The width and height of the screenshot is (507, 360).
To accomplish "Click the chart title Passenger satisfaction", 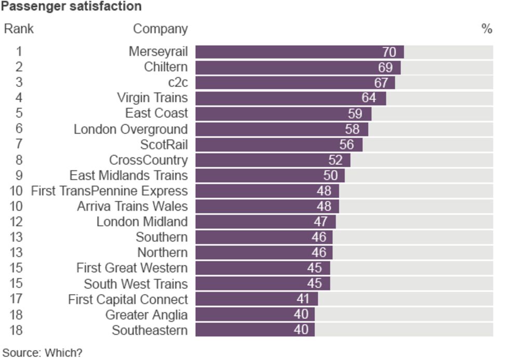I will pos(71,7).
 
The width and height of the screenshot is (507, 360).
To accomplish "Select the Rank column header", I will pos(19,29).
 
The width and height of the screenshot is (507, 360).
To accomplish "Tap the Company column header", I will pos(160,29).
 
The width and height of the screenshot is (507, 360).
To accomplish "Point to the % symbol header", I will pos(487,29).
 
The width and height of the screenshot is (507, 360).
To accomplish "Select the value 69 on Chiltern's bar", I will pos(385,68).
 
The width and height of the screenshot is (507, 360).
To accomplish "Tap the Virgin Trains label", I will pos(152,98).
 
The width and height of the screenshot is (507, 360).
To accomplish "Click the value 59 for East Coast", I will pos(355,114).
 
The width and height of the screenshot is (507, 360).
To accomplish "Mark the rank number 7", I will pos(19,144).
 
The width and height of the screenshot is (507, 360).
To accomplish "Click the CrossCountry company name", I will pos(148,160).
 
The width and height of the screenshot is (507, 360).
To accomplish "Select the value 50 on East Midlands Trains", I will pos(330,176).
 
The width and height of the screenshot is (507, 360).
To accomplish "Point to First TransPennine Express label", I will pos(109,191).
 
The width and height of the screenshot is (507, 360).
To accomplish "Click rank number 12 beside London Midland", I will pos(16,222).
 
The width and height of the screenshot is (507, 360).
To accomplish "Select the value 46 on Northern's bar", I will pos(319,253).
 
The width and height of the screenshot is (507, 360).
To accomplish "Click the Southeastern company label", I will pos(150,330).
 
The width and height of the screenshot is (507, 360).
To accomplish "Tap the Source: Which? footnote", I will pos(43,353).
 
